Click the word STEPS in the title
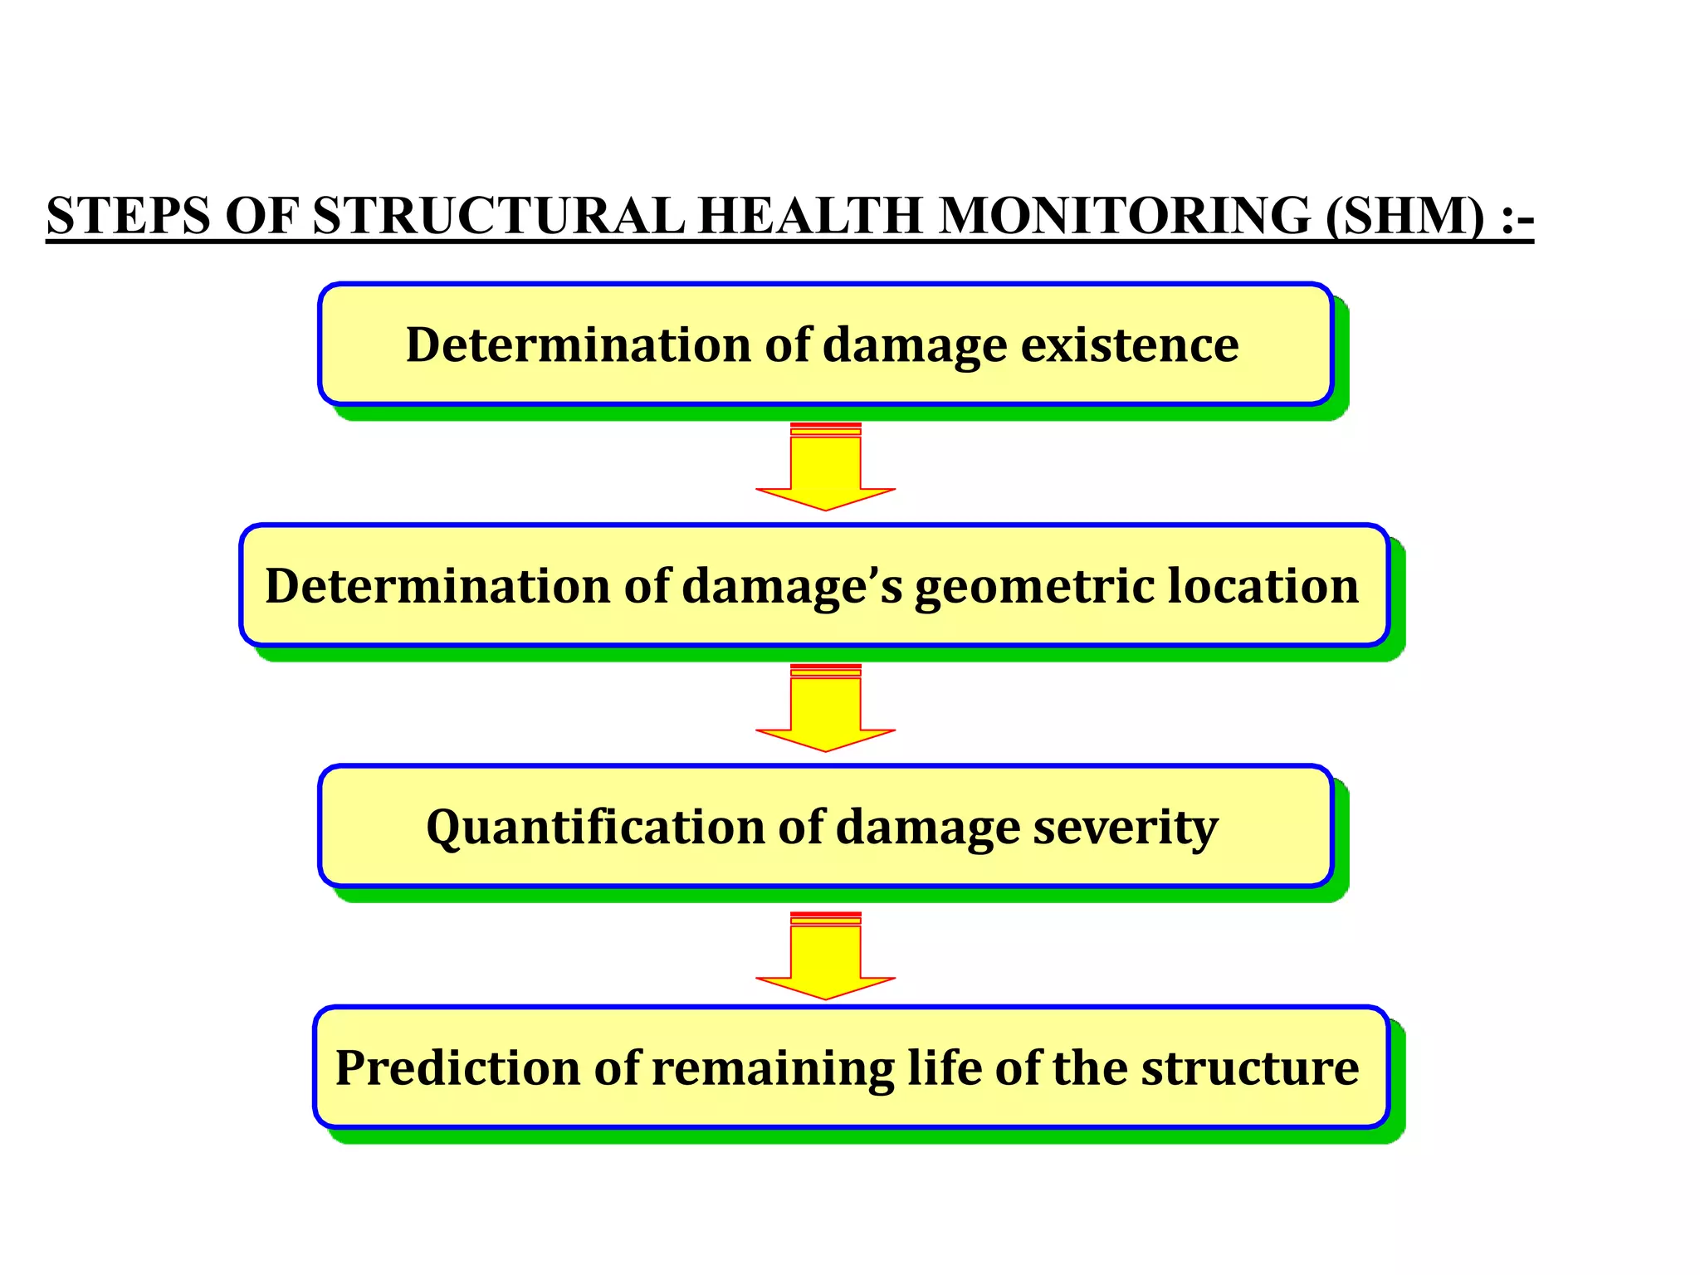click(x=129, y=216)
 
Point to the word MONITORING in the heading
click(x=1125, y=216)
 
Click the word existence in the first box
click(x=1130, y=344)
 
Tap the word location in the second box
click(x=1263, y=586)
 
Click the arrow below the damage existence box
click(x=825, y=469)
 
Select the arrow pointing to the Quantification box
click(x=825, y=710)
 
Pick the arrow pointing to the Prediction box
click(x=825, y=957)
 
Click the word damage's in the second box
click(x=792, y=586)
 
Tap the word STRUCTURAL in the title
click(x=499, y=216)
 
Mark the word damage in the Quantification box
click(x=927, y=827)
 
